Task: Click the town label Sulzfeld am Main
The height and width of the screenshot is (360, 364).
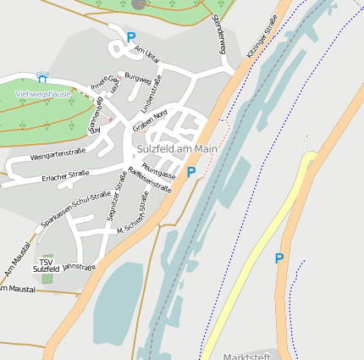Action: point(177,148)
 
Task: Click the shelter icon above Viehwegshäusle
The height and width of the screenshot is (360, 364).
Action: point(42,80)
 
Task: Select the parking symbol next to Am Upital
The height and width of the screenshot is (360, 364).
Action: point(130,37)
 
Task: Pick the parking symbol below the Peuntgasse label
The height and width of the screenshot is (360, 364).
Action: point(191,172)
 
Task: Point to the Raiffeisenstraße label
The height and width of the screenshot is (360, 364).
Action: point(149,180)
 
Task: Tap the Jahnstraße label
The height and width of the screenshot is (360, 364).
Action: point(80,266)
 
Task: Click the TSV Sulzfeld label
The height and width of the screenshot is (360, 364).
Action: point(46,264)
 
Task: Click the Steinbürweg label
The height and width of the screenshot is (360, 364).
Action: point(219,35)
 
